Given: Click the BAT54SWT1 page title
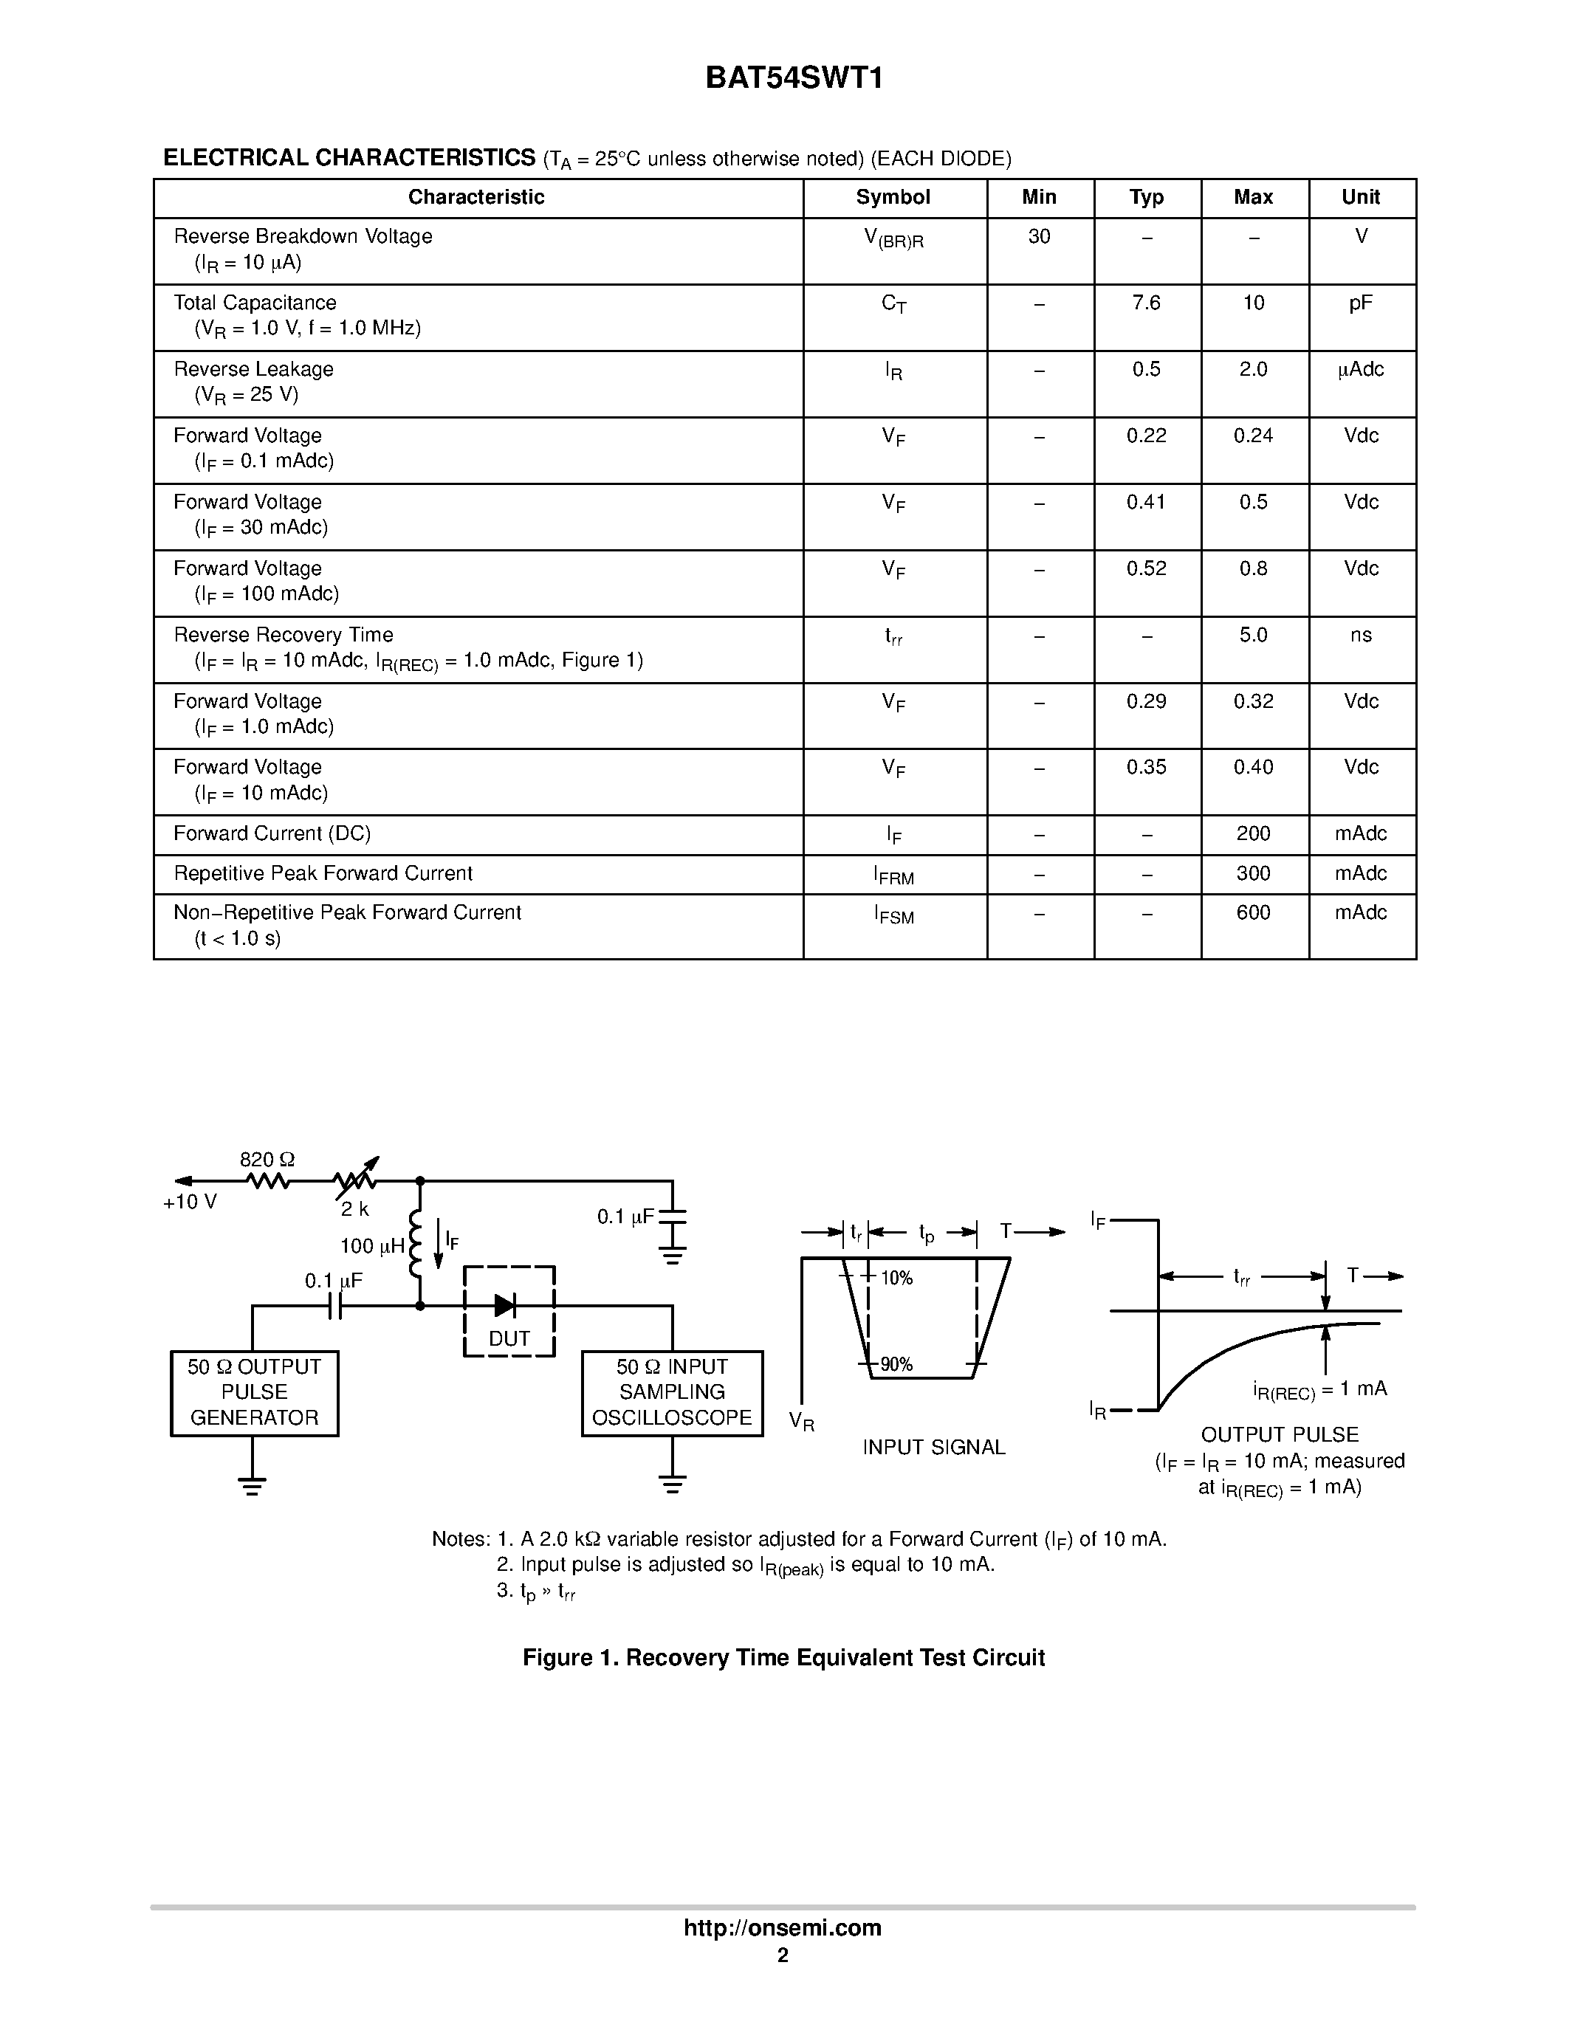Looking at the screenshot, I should [794, 78].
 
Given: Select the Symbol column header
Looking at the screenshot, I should [893, 197].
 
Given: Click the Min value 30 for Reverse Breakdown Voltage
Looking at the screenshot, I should [1039, 237].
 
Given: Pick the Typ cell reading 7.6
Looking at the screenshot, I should [1146, 303].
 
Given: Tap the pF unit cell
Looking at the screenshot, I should [1361, 303].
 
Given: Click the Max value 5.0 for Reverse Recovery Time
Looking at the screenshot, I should [1253, 636].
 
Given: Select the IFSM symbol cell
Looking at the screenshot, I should [893, 915].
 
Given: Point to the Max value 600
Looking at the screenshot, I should [1253, 912].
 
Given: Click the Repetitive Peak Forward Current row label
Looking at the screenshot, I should [323, 874].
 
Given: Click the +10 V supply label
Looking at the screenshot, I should [190, 1202].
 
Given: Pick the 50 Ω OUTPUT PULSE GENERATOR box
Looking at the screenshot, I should [254, 1392].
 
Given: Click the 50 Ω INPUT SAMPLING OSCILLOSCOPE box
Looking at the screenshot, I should [672, 1392].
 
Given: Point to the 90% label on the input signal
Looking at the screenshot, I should [896, 1364].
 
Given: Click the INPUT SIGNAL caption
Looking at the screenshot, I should [933, 1448].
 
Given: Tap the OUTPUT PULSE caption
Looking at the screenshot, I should [1279, 1434].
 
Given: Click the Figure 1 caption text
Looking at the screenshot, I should [783, 1658].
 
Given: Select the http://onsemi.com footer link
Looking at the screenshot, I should [783, 1927].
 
